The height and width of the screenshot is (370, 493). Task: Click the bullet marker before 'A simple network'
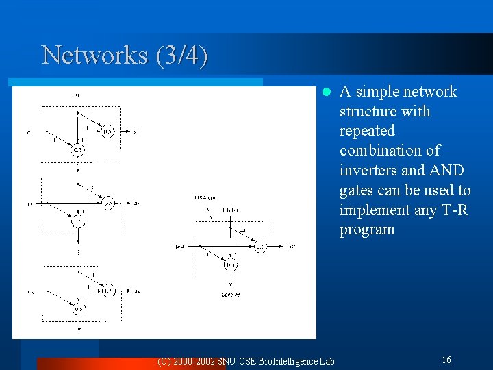click(327, 92)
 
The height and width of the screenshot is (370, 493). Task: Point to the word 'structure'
click(370, 111)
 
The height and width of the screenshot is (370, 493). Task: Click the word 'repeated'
click(367, 130)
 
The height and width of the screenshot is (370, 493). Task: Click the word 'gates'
click(358, 190)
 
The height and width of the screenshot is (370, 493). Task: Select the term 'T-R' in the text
click(453, 210)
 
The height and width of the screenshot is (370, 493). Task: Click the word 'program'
click(367, 230)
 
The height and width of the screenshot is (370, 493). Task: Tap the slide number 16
click(446, 360)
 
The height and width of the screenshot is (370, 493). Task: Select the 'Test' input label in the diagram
click(180, 245)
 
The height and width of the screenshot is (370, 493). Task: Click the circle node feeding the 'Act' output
click(260, 246)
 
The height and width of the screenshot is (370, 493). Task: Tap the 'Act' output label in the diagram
click(291, 245)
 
